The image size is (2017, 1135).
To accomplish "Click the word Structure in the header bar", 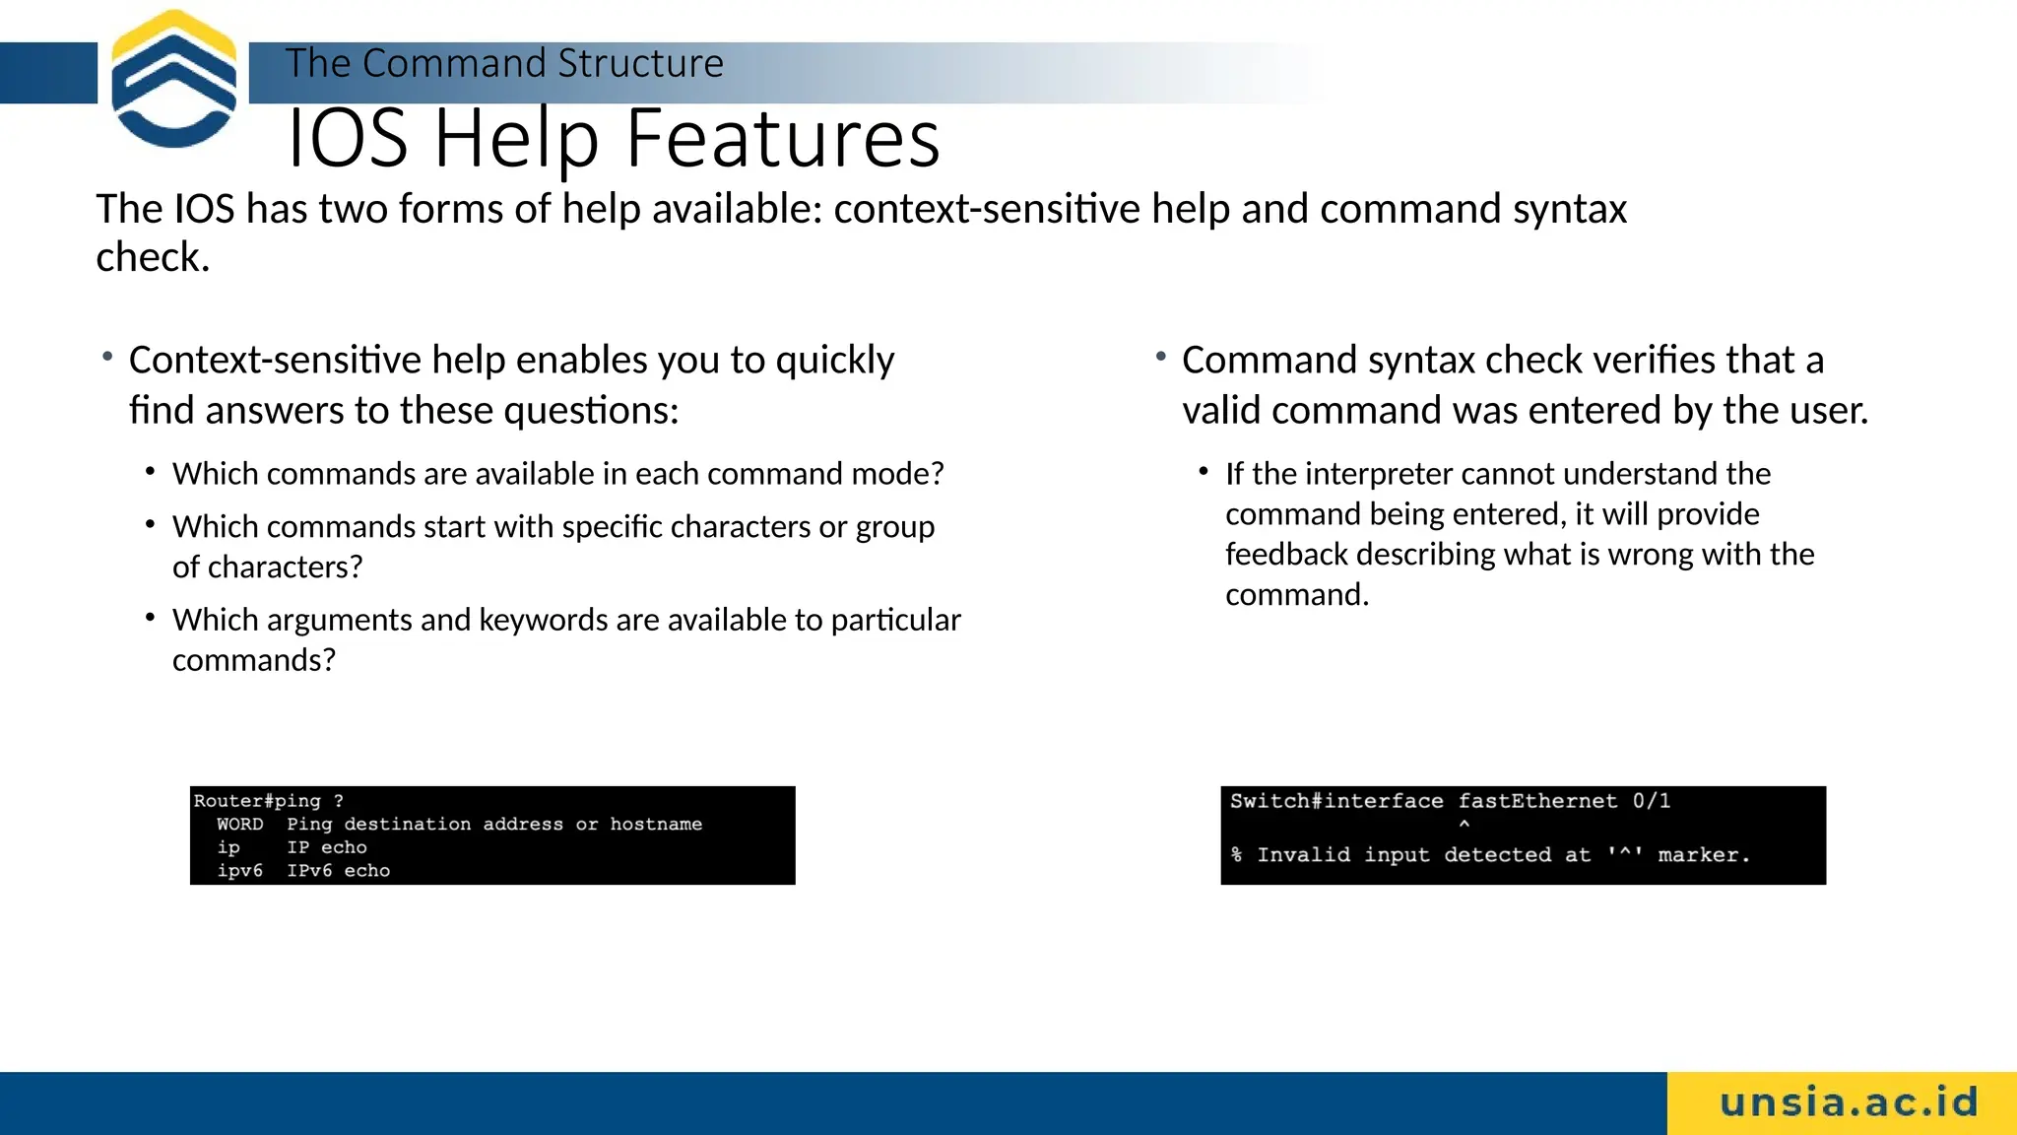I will (x=640, y=64).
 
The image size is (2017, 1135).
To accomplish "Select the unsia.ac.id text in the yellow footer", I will (x=1849, y=1102).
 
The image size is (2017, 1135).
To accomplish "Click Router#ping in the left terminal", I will (x=257, y=801).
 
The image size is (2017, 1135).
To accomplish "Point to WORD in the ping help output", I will (x=239, y=825).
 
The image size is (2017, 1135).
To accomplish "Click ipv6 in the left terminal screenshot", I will (x=239, y=871).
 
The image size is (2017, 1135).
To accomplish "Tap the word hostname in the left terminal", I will (x=656, y=825).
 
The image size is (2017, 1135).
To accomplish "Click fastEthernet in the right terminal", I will (x=1537, y=801).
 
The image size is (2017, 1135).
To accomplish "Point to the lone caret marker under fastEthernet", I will (x=1464, y=825).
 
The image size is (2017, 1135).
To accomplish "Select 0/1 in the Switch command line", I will (x=1651, y=801).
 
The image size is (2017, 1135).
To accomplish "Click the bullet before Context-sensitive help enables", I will (x=107, y=357).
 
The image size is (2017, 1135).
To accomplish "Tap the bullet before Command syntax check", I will (x=1161, y=357).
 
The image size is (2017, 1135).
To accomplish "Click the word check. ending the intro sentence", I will (x=153, y=258).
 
